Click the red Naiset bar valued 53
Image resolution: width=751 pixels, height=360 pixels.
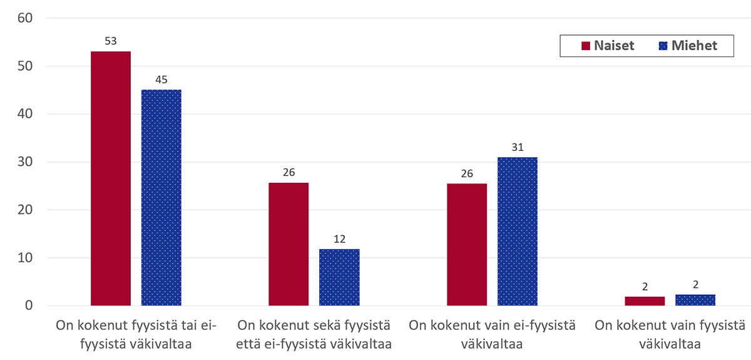[111, 178]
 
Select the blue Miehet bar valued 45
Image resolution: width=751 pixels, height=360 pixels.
[161, 198]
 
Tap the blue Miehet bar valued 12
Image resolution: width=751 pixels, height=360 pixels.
[339, 277]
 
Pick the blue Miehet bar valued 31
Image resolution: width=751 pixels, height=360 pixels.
[518, 232]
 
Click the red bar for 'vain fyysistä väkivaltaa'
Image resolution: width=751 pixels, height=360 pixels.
[645, 301]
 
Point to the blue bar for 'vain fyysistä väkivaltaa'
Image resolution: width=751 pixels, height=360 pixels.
[695, 301]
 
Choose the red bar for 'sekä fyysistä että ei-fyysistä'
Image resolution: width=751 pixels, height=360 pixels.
[289, 244]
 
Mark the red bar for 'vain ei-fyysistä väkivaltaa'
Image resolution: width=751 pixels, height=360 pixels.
[467, 245]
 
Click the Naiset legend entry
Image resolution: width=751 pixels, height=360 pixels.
[608, 46]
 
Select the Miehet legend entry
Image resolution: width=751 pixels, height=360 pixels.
[688, 46]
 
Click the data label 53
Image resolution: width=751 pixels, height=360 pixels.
[111, 42]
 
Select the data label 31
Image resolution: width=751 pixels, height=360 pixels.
[518, 147]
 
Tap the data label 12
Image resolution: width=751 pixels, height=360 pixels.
[339, 239]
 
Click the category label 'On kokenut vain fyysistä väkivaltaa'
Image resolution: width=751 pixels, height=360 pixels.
[670, 334]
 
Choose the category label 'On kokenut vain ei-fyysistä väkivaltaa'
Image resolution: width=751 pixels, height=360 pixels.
[492, 334]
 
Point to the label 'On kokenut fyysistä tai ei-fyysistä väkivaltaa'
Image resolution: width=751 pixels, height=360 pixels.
[136, 334]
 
